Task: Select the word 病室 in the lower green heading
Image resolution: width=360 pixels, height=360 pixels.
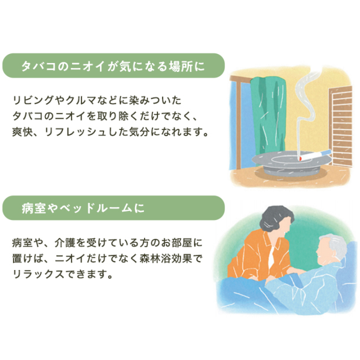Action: (x=34, y=209)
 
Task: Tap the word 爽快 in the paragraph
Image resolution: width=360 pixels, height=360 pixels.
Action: (x=22, y=132)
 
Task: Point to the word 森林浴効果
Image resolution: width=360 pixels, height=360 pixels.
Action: (x=165, y=259)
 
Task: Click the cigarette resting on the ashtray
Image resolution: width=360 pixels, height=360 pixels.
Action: (x=315, y=155)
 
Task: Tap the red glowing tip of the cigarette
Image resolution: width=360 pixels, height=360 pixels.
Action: (x=300, y=159)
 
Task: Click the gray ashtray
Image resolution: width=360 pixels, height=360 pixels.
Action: (x=291, y=164)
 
